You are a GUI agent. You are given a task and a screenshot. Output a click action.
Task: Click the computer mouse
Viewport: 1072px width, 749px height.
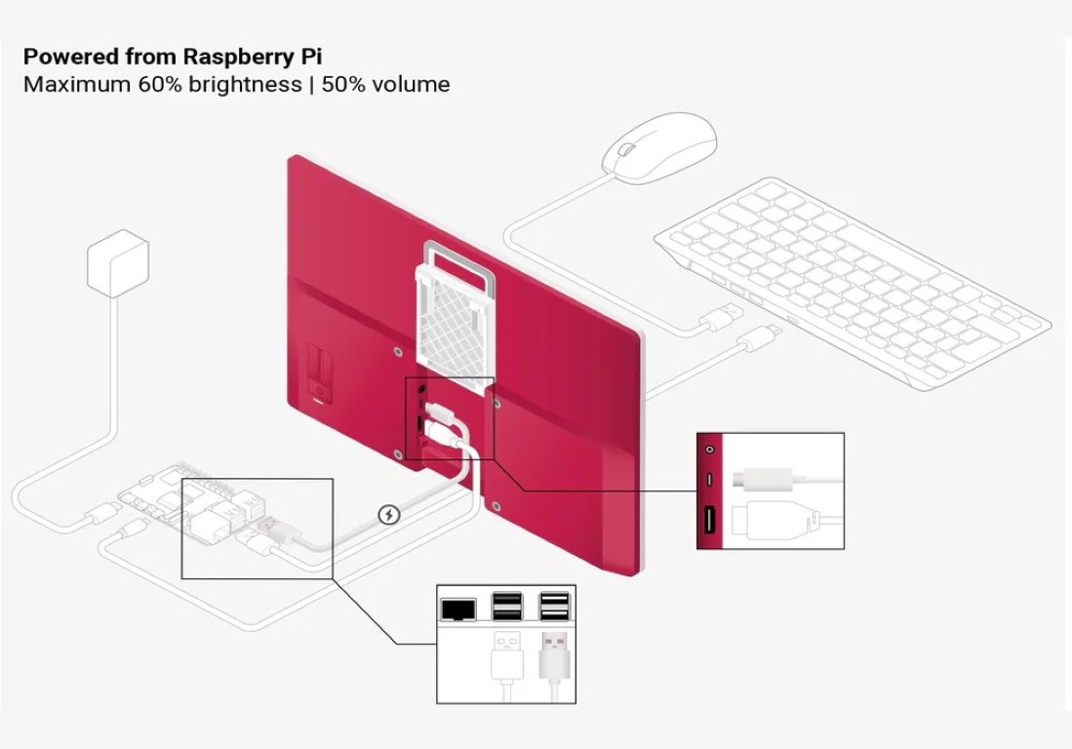(659, 146)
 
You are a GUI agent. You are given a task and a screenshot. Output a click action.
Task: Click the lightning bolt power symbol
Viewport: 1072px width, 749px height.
(388, 514)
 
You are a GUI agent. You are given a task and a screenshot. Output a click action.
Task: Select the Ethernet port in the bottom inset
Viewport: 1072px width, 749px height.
(457, 609)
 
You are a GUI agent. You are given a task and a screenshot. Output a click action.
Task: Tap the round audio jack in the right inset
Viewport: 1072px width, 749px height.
(709, 450)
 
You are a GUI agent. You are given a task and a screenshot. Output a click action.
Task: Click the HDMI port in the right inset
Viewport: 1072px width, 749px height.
(709, 521)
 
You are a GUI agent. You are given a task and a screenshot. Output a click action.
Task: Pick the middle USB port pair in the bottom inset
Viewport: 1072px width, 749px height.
(506, 607)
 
